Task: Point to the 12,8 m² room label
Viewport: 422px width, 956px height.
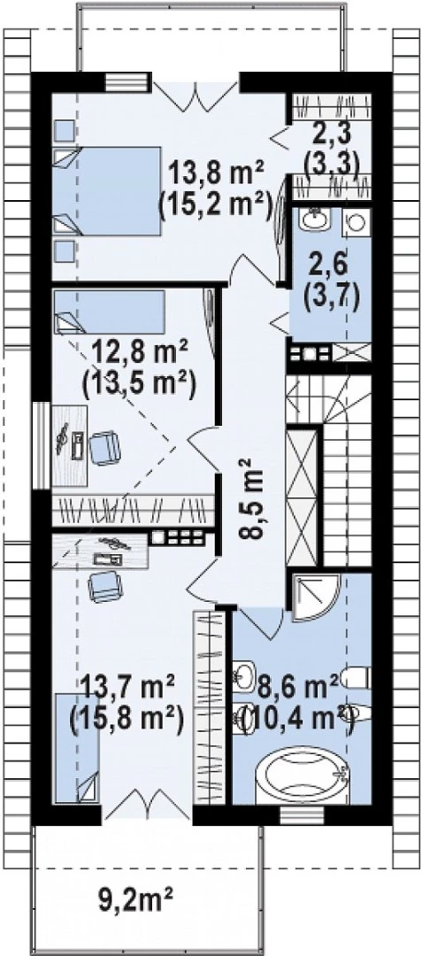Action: tap(142, 352)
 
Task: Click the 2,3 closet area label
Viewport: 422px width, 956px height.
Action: tap(329, 132)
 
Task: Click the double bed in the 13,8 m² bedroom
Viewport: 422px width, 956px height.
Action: tap(107, 191)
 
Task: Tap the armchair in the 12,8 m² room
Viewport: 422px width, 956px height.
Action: tap(104, 448)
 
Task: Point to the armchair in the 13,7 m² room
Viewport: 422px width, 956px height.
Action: tap(105, 587)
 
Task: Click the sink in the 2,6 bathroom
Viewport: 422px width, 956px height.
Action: tap(315, 220)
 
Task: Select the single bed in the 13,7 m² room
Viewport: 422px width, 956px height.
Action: tap(77, 747)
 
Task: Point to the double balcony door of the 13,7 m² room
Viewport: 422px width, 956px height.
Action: tap(147, 804)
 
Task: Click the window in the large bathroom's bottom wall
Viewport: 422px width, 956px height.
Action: tap(302, 814)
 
